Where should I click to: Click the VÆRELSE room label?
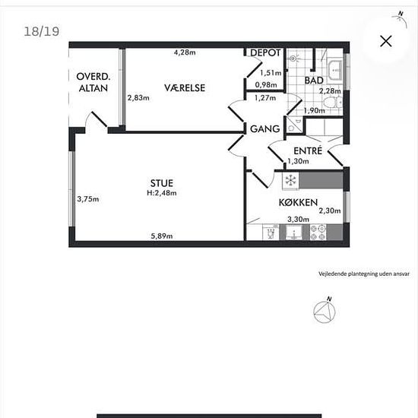[185, 87]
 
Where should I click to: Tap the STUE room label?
[162, 183]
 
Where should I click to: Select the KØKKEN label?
[299, 203]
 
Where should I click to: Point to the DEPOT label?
[265, 52]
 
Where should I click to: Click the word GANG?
[265, 129]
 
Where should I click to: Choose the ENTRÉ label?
[308, 150]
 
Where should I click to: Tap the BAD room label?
[314, 81]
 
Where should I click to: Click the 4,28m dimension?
[185, 52]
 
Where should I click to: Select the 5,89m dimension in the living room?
[162, 236]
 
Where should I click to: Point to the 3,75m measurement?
[88, 199]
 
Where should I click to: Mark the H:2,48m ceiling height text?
[162, 193]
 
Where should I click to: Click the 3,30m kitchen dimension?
[299, 219]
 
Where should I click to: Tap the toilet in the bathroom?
[333, 103]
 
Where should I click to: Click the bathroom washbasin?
[335, 70]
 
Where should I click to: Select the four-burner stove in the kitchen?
[318, 233]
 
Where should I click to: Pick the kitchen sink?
[293, 233]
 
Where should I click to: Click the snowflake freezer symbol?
[290, 180]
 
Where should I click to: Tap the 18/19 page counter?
[42, 31]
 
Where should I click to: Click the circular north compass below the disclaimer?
[325, 312]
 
